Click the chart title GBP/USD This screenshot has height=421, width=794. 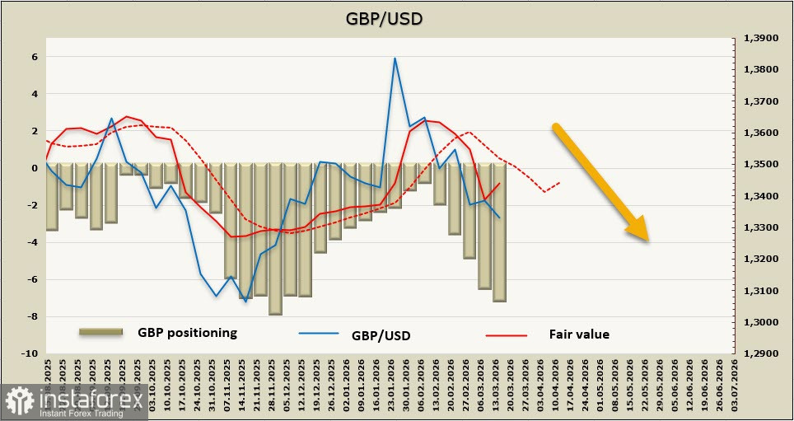point(396,17)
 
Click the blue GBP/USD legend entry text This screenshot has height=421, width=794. point(381,334)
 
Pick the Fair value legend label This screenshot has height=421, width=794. point(579,334)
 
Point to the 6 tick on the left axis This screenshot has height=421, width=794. point(35,57)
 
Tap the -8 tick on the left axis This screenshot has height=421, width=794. point(33,316)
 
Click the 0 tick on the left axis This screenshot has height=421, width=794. point(35,168)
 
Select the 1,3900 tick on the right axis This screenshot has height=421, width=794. point(761,38)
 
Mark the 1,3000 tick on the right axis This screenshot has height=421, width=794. point(761,322)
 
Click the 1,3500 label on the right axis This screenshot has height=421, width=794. point(761,165)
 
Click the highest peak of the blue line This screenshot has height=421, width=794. point(395,58)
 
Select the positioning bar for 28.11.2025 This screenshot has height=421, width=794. point(275,239)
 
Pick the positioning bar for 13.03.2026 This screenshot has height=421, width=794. point(499,232)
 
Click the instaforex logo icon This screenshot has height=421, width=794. point(21,401)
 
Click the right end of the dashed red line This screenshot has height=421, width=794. point(559,183)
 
